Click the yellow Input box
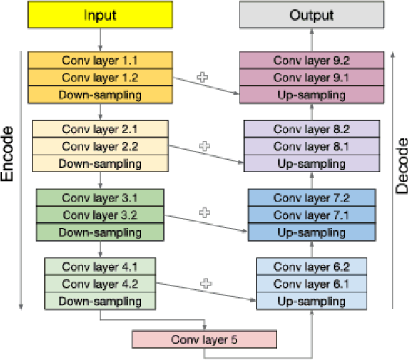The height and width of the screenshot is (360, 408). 100,15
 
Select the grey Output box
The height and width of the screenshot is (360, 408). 312,15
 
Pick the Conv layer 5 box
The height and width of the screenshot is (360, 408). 204,339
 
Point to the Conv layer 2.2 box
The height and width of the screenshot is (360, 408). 100,146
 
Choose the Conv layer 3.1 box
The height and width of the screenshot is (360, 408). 100,197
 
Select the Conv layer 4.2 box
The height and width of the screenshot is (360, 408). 100,284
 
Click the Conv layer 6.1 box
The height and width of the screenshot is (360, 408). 312,284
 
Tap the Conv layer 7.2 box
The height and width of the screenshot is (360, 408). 312,197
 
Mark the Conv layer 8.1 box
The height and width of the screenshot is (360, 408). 312,146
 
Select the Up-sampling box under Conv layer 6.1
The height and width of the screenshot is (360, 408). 312,301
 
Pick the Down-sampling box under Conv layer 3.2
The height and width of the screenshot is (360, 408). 100,232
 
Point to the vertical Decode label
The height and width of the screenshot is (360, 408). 401,165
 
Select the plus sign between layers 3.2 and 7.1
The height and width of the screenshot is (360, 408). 205,212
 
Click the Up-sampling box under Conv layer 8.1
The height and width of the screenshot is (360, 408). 312,163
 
